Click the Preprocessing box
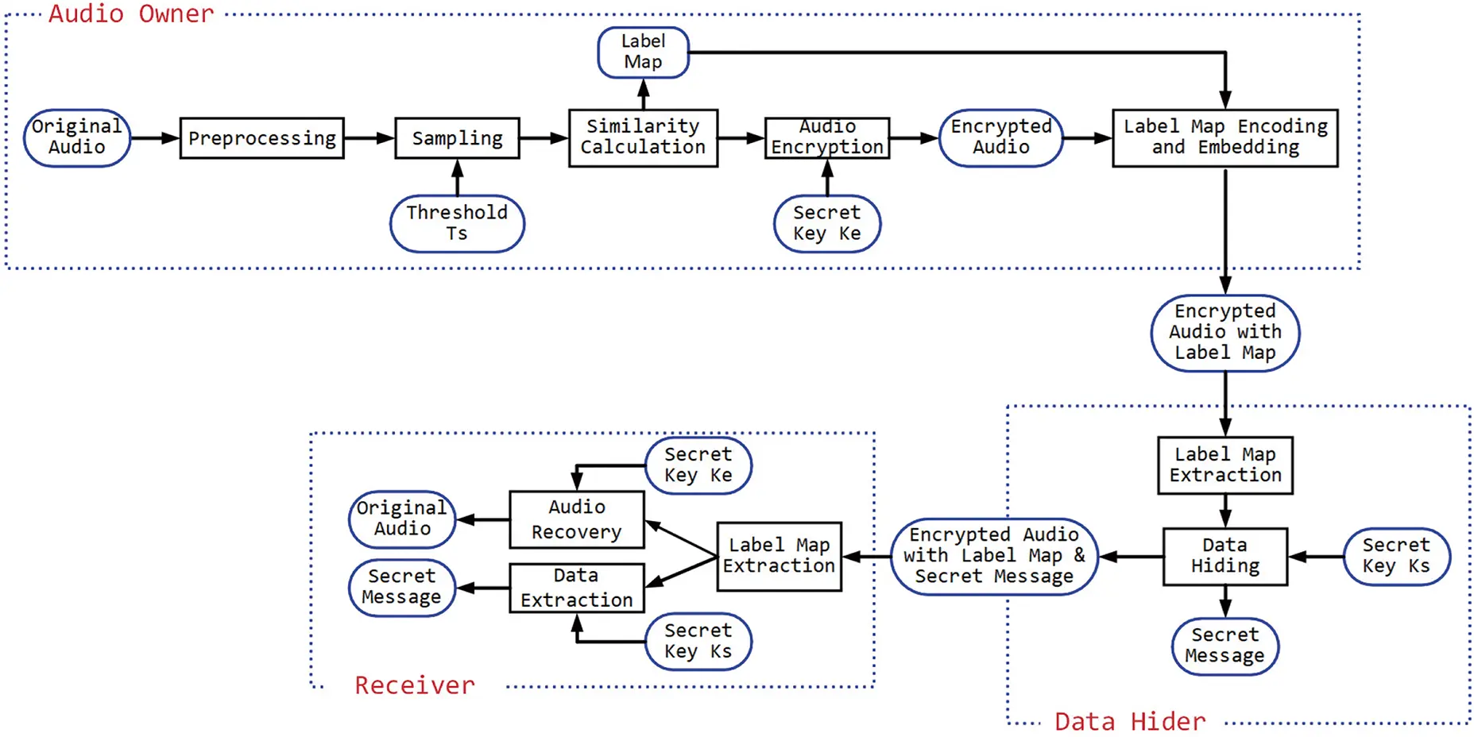pos(261,138)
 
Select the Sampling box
pos(457,138)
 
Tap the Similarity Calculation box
pos(643,137)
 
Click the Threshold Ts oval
pos(457,223)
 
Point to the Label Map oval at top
pos(643,52)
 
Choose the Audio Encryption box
pos(826,137)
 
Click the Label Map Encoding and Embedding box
pos(1224,137)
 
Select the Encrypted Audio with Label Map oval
pos(1224,333)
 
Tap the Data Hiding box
pos(1224,556)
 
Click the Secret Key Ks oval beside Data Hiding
pos(1395,556)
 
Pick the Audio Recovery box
pos(576,519)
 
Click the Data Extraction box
pos(576,588)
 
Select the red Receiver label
pos(414,685)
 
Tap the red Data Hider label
pos(1129,721)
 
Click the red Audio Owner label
pos(131,14)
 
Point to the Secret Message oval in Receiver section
pos(402,587)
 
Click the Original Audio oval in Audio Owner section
pos(77,137)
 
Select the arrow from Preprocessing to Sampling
pos(369,138)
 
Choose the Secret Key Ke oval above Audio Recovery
pos(698,465)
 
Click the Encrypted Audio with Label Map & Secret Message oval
pos(993,556)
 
